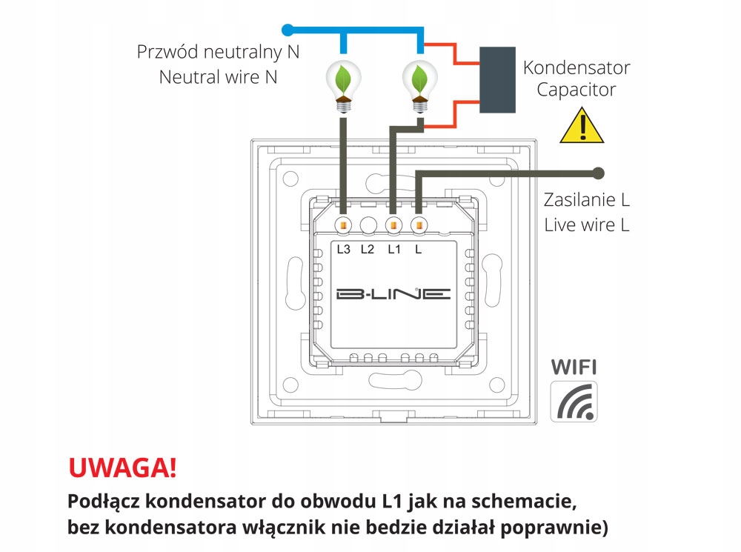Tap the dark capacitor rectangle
[497, 81]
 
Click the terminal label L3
[343, 250]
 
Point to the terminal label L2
[368, 250]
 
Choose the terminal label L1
[393, 250]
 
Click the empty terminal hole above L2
[368, 225]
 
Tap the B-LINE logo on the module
[393, 294]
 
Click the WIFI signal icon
[574, 402]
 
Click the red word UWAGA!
[122, 468]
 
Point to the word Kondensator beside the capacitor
[576, 67]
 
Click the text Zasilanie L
[585, 200]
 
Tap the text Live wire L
[586, 225]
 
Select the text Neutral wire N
[218, 76]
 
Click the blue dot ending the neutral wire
[289, 30]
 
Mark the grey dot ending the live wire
[598, 173]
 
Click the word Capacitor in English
[576, 90]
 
